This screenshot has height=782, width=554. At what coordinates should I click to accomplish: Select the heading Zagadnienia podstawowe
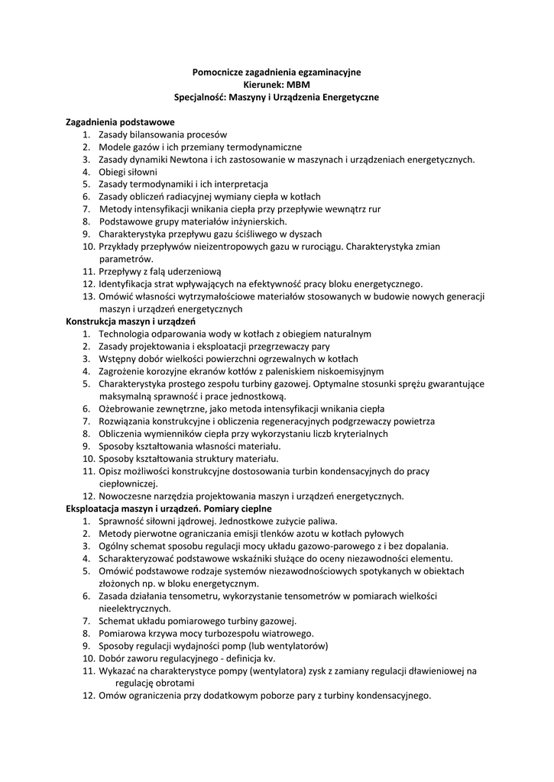click(121, 122)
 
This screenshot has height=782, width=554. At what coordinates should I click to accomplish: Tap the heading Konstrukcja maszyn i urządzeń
click(131, 322)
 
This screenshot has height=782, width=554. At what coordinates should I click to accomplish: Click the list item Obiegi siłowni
click(128, 172)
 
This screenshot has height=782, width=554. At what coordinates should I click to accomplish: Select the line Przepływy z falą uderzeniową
click(160, 271)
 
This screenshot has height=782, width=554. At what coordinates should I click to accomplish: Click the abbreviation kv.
click(268, 658)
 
